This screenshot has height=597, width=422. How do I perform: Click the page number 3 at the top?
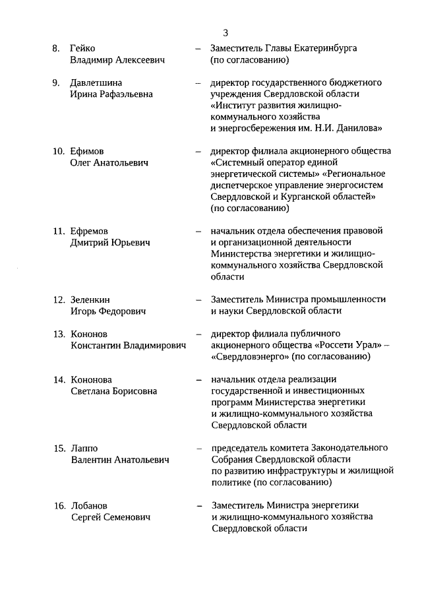(x=226, y=32)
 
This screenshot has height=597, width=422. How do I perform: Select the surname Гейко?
(x=83, y=49)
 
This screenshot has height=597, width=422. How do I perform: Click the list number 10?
(x=58, y=151)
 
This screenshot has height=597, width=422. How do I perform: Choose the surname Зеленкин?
(x=91, y=299)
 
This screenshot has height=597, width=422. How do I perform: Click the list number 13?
(x=58, y=334)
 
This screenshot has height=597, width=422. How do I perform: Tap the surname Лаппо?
(x=84, y=449)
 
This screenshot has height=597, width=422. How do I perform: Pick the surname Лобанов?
(x=90, y=506)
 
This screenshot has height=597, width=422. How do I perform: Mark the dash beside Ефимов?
(x=198, y=151)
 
